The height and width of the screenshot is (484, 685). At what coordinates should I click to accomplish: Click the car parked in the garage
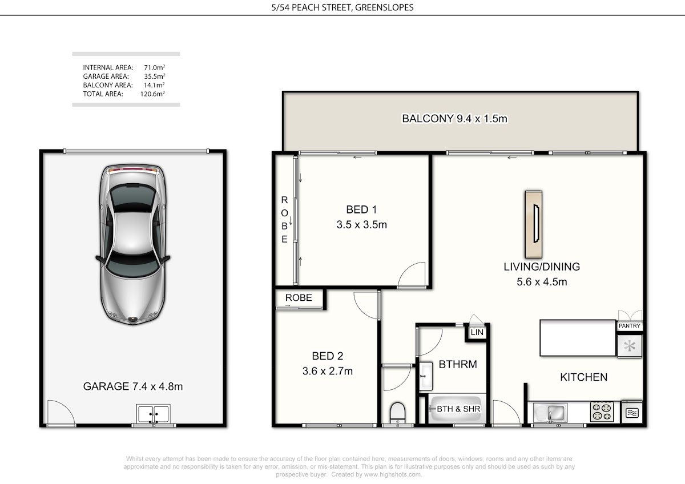(x=132, y=245)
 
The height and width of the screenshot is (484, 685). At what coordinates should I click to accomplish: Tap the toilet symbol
(x=397, y=413)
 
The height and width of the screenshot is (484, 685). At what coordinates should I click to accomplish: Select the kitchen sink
(x=550, y=413)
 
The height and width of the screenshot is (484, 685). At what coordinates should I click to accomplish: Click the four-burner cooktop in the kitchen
(x=602, y=412)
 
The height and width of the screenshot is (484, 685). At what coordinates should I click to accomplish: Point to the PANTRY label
(x=629, y=326)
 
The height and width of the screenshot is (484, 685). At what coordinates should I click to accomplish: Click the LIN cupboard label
(x=477, y=332)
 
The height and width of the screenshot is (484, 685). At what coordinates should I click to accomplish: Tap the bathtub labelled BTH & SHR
(x=457, y=409)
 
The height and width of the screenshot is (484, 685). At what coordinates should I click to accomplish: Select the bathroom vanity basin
(x=425, y=376)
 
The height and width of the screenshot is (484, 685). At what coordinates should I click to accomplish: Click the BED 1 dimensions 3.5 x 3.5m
(x=362, y=225)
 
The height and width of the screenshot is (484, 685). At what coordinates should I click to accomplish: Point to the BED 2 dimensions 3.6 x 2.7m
(x=328, y=371)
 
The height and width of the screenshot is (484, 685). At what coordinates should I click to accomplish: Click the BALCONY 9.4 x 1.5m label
(x=454, y=119)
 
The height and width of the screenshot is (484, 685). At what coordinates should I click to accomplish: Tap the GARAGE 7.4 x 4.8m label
(x=133, y=386)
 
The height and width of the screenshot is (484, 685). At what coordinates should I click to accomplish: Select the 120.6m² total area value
(x=152, y=94)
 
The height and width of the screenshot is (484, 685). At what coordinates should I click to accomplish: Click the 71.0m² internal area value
(x=155, y=67)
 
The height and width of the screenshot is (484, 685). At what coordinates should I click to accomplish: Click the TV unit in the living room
(x=534, y=224)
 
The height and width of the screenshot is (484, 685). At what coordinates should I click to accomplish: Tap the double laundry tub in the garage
(x=153, y=414)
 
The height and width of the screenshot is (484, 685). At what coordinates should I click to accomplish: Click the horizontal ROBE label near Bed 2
(x=299, y=297)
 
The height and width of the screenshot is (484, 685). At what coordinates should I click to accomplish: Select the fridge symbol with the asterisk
(x=629, y=346)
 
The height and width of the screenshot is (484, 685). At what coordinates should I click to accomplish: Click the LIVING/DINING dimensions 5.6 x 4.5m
(x=542, y=282)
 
